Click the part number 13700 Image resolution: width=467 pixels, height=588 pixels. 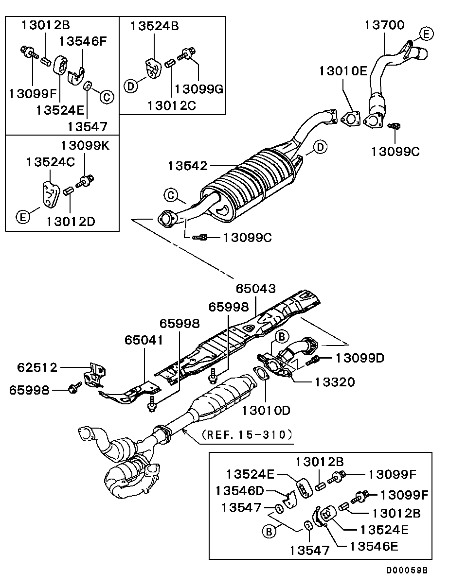pyautogui.click(x=384, y=25)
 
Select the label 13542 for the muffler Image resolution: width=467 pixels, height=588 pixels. pyautogui.click(x=188, y=166)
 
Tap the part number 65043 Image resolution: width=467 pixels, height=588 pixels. pyautogui.click(x=256, y=289)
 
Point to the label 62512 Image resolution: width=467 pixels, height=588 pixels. pyautogui.click(x=37, y=367)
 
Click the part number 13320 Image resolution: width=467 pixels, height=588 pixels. pyautogui.click(x=335, y=382)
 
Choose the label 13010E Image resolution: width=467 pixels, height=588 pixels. pyautogui.click(x=343, y=71)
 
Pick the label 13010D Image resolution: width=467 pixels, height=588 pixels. pyautogui.click(x=266, y=411)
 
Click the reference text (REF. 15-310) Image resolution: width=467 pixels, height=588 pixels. pyautogui.click(x=247, y=434)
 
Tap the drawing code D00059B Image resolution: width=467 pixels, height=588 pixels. pyautogui.click(x=407, y=570)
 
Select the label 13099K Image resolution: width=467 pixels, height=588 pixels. pyautogui.click(x=85, y=146)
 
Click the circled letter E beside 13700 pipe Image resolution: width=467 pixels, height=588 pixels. pyautogui.click(x=426, y=35)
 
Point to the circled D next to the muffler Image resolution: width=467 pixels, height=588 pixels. pyautogui.click(x=320, y=147)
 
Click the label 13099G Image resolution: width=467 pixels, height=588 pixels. pyautogui.click(x=199, y=89)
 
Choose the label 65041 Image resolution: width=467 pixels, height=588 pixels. pyautogui.click(x=144, y=340)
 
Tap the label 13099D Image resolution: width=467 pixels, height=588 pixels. pyautogui.click(x=360, y=358)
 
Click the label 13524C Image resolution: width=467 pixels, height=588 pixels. pyautogui.click(x=51, y=162)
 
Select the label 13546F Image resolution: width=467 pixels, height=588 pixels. pyautogui.click(x=83, y=41)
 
